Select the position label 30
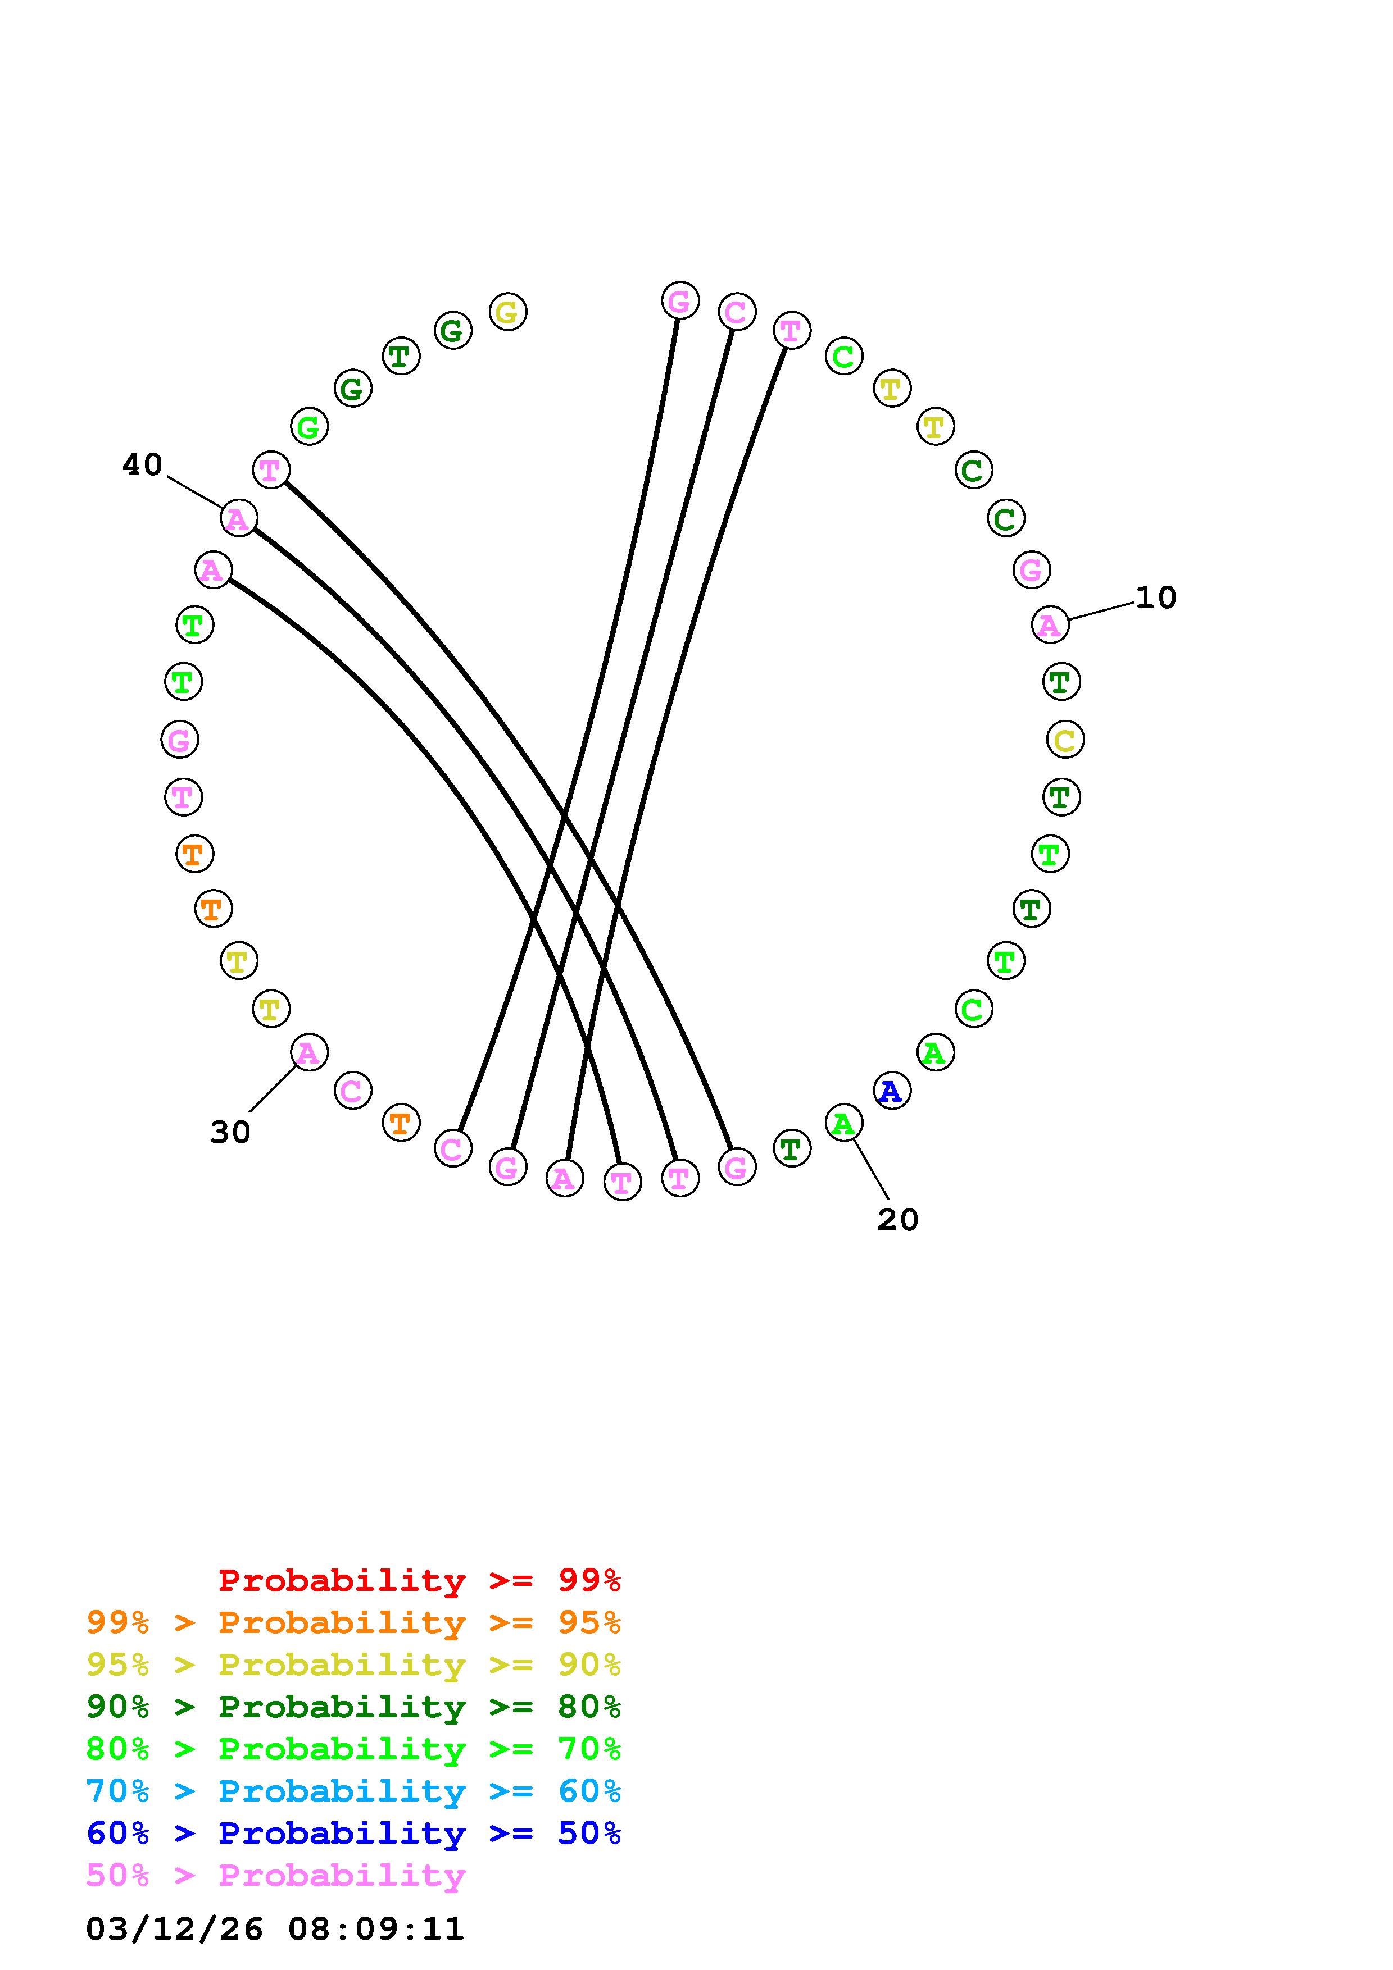click(230, 1133)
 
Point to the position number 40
click(143, 465)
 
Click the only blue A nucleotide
click(892, 1091)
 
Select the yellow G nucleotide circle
click(508, 312)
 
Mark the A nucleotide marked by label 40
click(239, 518)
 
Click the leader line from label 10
click(1101, 611)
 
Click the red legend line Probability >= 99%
click(420, 1580)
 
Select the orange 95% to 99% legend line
click(353, 1622)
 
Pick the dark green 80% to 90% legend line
click(353, 1707)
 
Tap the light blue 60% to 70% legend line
click(353, 1791)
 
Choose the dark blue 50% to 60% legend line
click(353, 1833)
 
